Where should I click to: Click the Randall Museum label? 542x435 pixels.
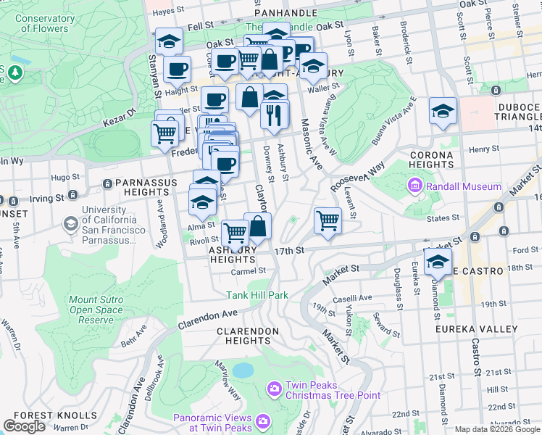tap(464, 186)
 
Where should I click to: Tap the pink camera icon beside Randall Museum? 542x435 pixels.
tap(416, 186)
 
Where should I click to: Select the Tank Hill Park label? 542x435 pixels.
tap(257, 295)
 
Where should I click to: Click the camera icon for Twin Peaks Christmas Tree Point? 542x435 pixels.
tap(275, 389)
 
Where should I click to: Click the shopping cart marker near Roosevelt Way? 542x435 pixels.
tap(328, 220)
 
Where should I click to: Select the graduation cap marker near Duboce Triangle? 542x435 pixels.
tap(443, 112)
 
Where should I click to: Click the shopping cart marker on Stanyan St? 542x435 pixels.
tap(165, 133)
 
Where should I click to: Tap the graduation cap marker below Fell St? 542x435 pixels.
tap(169, 41)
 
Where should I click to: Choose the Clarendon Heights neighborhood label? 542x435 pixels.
tap(247, 335)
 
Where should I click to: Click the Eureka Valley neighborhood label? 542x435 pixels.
tap(476, 329)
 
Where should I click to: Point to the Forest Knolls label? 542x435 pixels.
tap(55, 415)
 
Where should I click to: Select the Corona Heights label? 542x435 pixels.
tap(431, 159)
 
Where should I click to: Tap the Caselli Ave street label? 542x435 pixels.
tap(352, 299)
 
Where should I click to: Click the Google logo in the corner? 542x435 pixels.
tap(25, 426)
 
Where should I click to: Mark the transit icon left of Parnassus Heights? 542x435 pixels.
tap(108, 183)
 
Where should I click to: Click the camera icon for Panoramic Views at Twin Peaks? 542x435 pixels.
tap(262, 420)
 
